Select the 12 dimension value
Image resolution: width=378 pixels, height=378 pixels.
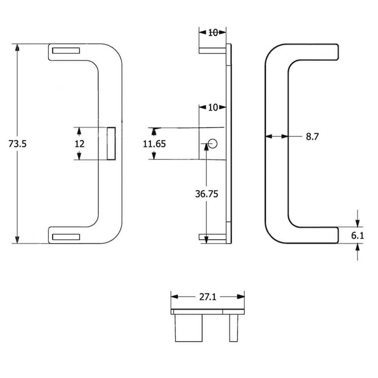[79, 144]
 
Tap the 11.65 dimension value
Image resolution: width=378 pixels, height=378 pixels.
[154, 144]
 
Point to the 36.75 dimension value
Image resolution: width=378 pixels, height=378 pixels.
[206, 194]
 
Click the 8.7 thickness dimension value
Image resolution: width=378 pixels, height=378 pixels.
[312, 137]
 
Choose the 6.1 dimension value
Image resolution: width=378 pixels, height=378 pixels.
[357, 235]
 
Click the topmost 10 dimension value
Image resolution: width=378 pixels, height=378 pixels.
[213, 33]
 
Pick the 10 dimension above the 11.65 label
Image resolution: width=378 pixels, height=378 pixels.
[213, 108]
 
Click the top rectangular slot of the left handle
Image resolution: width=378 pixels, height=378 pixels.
[66, 51]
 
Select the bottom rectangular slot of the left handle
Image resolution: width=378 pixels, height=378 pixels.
[66, 237]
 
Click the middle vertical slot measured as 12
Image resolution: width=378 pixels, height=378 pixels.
[111, 144]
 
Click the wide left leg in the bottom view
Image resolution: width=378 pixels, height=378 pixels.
[188, 328]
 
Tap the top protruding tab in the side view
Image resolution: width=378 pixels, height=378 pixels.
[212, 50]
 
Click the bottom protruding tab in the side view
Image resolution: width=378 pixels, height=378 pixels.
[212, 237]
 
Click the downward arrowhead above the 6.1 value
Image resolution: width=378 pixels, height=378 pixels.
[358, 223]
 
